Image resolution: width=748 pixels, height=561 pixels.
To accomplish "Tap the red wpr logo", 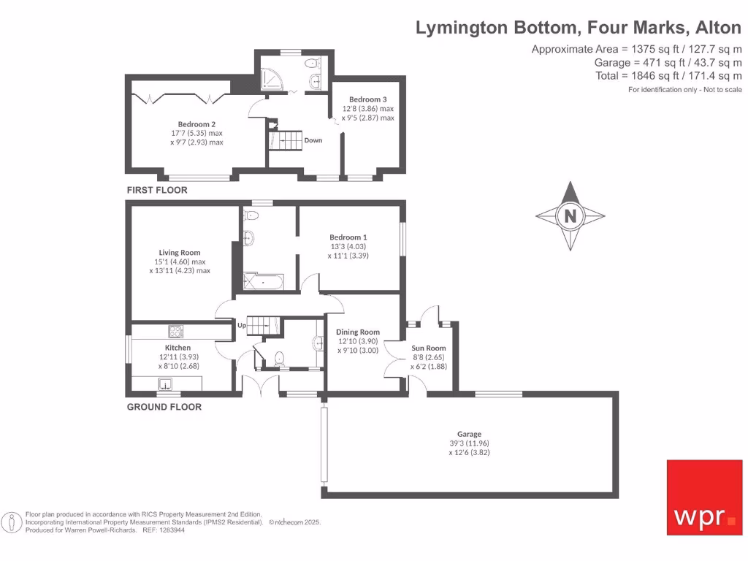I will click(x=704, y=497).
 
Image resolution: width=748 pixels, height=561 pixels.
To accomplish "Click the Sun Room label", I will click(x=429, y=348).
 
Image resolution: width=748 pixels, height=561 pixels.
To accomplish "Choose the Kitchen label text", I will click(x=178, y=348).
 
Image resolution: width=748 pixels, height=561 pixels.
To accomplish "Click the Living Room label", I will click(x=180, y=253).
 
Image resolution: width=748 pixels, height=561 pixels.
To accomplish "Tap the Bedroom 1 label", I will click(x=348, y=237).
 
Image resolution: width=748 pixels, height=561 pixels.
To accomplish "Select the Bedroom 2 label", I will click(x=196, y=124).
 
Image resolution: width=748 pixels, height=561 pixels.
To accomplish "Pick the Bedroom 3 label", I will click(x=367, y=99).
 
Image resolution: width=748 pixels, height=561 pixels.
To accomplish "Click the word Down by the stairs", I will click(x=313, y=140).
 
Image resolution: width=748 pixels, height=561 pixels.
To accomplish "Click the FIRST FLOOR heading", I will click(x=157, y=190).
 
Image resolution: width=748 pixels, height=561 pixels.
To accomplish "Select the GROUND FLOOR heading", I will click(x=164, y=407).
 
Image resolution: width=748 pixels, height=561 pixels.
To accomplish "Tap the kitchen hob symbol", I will click(x=176, y=330).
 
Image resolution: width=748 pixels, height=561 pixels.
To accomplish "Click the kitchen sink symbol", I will click(x=165, y=383).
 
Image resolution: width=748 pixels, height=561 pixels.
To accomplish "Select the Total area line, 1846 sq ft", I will click(x=668, y=76).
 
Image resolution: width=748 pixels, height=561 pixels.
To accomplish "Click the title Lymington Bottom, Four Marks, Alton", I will click(x=579, y=28).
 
